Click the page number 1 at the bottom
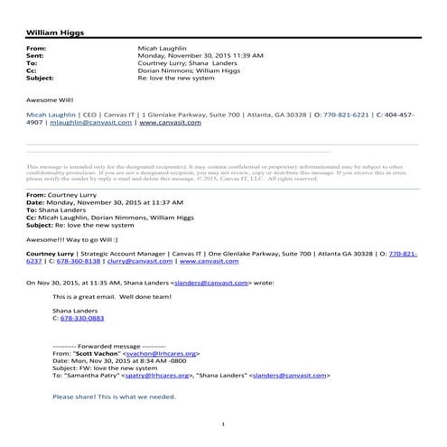coord(223,424)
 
